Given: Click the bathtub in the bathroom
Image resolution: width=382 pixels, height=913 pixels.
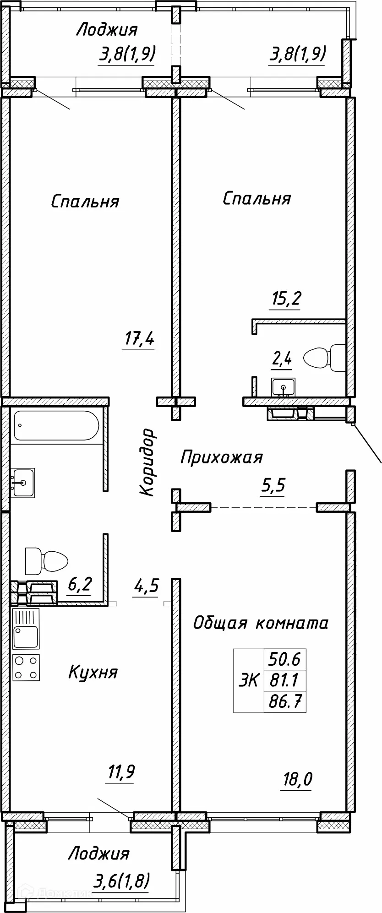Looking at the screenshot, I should pyautogui.click(x=56, y=425).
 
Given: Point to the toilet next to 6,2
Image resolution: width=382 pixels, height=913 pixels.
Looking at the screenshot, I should pyautogui.click(x=46, y=560).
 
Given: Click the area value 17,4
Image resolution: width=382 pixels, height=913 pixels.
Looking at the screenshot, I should pyautogui.click(x=139, y=340).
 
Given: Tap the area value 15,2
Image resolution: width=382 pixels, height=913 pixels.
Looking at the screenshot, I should pyautogui.click(x=284, y=299).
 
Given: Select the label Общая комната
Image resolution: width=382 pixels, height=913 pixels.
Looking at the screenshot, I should pyautogui.click(x=260, y=623).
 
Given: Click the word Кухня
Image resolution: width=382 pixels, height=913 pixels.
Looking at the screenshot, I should pyautogui.click(x=93, y=672).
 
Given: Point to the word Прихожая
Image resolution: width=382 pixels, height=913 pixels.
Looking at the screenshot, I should pyautogui.click(x=221, y=457).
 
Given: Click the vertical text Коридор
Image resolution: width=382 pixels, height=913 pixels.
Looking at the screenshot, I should pyautogui.click(x=147, y=462).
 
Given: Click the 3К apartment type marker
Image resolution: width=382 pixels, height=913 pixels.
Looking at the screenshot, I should pyautogui.click(x=248, y=681).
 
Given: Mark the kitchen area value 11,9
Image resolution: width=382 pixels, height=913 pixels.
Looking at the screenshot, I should pyautogui.click(x=120, y=772).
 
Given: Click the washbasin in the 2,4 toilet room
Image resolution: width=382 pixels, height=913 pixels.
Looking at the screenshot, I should pyautogui.click(x=284, y=387).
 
